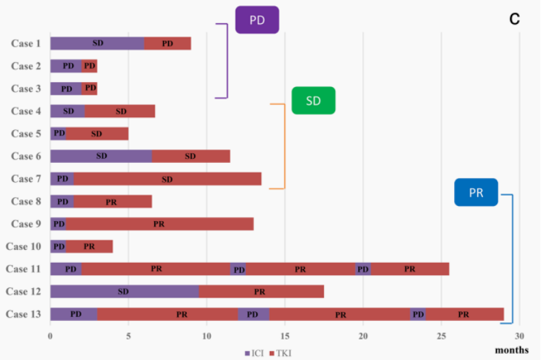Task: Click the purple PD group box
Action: (x=257, y=20)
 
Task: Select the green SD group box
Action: (x=313, y=101)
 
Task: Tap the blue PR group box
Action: (x=476, y=192)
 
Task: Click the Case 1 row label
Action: (x=26, y=43)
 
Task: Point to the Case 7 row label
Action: (x=26, y=179)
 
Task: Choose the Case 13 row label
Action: (x=24, y=314)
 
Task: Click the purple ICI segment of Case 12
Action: (x=124, y=292)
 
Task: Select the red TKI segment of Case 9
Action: (x=160, y=224)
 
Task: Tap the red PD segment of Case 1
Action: (x=167, y=43)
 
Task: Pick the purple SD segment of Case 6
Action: (x=101, y=156)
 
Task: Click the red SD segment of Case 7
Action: (x=167, y=179)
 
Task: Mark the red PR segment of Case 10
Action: (x=89, y=246)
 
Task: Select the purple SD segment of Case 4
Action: (x=67, y=111)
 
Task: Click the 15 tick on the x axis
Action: (x=285, y=336)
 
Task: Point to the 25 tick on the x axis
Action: (x=441, y=336)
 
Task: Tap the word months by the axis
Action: (x=512, y=350)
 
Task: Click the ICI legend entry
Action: (x=254, y=352)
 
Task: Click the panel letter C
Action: (x=514, y=18)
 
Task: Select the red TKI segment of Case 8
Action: (x=112, y=201)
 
